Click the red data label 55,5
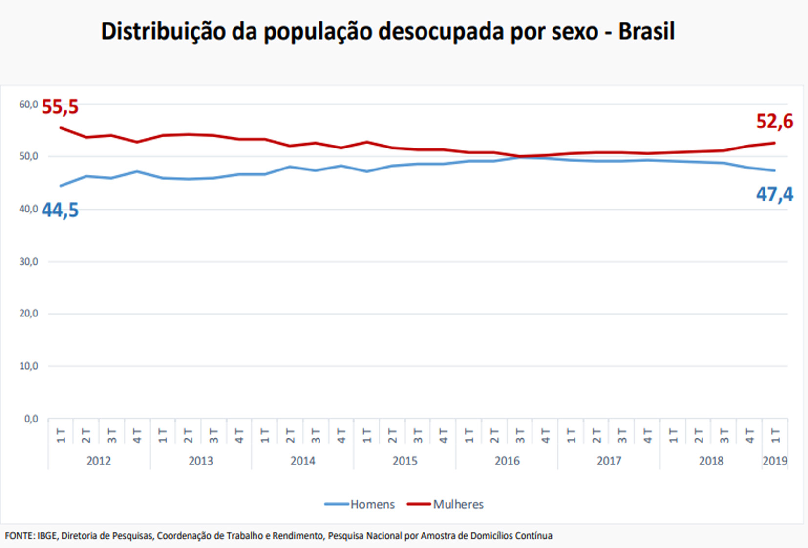point(60,107)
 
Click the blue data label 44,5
point(60,211)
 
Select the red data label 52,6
point(774,122)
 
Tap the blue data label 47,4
point(774,194)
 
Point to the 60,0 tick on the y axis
point(28,104)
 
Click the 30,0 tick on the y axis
point(28,262)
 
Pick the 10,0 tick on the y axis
point(28,366)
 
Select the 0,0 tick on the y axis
point(31,419)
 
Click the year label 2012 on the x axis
point(99,461)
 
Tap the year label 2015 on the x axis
point(405,461)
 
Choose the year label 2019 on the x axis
point(775,461)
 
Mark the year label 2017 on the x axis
point(609,461)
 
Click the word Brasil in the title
point(646,31)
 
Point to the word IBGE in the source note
point(47,536)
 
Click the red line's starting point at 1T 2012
point(61,128)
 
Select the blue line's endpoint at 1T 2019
point(775,170)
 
